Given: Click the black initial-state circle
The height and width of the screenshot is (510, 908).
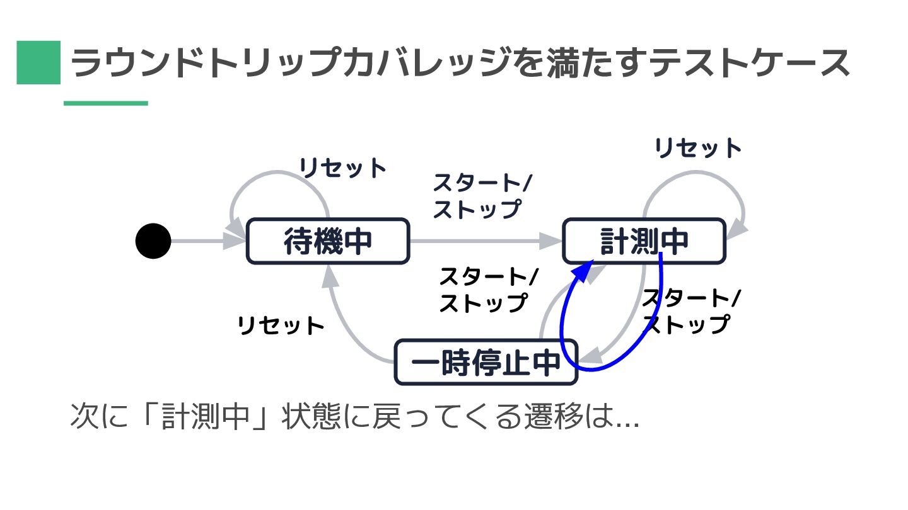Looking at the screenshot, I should coord(153,241).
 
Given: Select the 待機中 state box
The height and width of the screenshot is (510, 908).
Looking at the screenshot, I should coord(327,241).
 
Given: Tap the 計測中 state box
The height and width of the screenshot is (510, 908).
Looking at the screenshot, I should coord(643,241).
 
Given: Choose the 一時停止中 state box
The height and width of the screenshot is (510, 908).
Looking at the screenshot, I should coord(486,362).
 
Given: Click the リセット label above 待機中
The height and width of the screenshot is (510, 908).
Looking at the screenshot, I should coord(342,168).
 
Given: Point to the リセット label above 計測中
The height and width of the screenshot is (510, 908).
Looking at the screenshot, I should coord(698,149).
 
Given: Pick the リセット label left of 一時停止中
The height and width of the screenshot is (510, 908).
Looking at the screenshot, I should coord(281,326).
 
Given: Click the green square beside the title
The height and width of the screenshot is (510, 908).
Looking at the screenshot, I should coord(38,62).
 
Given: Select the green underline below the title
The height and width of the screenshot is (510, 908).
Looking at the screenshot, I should coord(106,103).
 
